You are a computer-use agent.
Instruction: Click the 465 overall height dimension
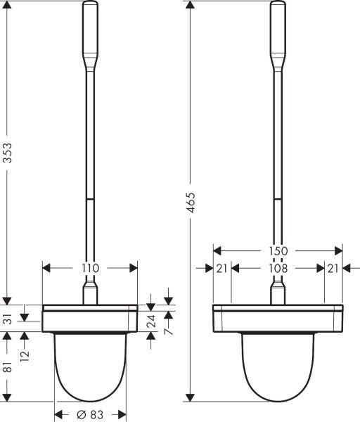(x=192, y=202)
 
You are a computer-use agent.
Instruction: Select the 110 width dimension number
(x=90, y=267)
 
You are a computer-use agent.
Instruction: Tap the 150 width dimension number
(x=278, y=250)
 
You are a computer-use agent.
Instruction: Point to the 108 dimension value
(x=278, y=268)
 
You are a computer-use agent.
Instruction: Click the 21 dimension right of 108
(x=333, y=268)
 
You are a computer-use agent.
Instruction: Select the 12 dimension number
(x=26, y=347)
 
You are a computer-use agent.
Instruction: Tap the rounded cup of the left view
(x=90, y=366)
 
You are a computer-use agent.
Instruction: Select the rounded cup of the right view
(x=278, y=366)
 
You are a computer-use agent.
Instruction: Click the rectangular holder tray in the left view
(x=90, y=318)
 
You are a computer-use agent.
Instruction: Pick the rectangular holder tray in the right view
(x=278, y=318)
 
